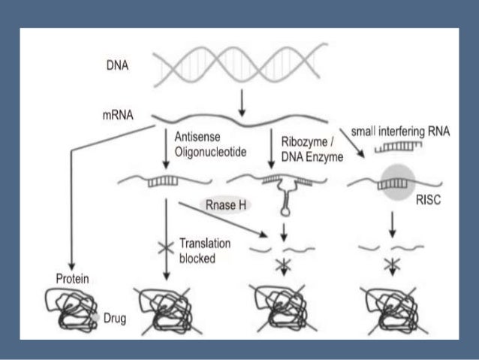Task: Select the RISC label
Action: (x=428, y=201)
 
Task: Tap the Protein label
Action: (x=74, y=279)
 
